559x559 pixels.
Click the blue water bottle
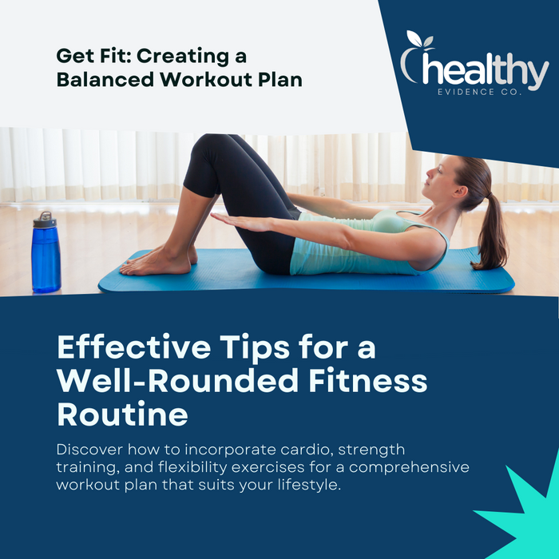click(46, 252)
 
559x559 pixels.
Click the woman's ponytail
click(493, 232)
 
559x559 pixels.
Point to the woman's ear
click(460, 192)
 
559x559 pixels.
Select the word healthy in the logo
click(486, 70)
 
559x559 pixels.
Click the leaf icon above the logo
click(420, 39)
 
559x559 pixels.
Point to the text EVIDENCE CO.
click(479, 92)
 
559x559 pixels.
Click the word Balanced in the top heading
click(105, 79)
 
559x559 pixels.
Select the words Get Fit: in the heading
click(93, 56)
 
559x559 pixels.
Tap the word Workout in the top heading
click(206, 79)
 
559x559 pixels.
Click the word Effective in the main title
click(134, 347)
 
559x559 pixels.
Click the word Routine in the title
click(122, 414)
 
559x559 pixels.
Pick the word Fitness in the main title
click(367, 381)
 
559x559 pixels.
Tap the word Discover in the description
click(89, 450)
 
